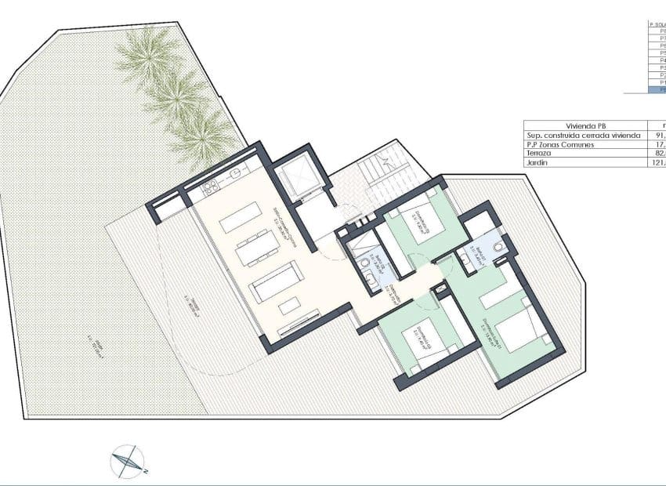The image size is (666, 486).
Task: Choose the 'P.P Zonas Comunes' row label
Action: coord(561,144)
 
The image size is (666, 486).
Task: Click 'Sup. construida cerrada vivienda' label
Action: coord(583,135)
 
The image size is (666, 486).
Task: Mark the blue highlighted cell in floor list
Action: coord(657,90)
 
